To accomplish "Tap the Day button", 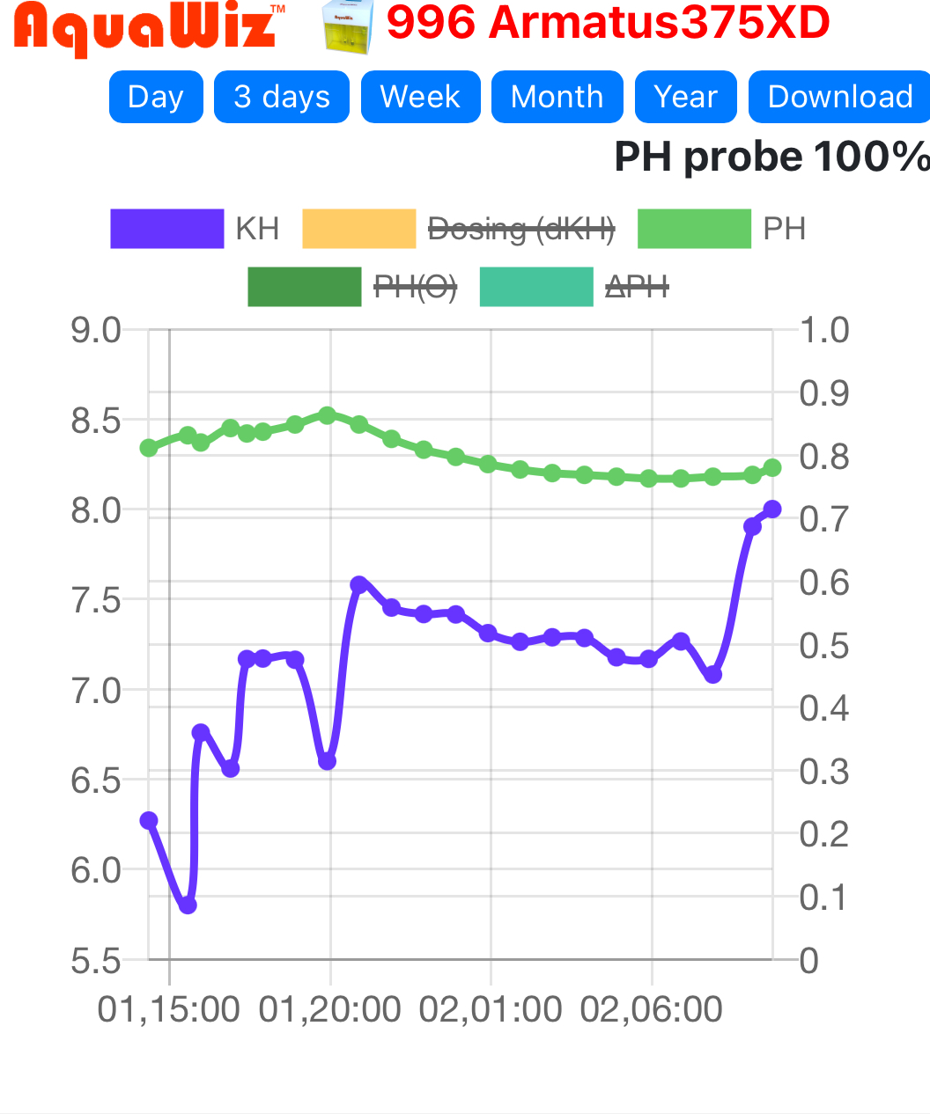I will tap(156, 97).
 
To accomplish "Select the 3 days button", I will tap(282, 97).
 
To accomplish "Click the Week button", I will tap(420, 97).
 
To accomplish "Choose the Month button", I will tap(557, 97).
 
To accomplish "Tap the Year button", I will tap(686, 97).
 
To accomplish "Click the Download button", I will tap(839, 97).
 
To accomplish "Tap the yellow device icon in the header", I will tap(348, 26).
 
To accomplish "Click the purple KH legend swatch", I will tap(166, 229).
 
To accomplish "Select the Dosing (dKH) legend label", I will tap(520, 229).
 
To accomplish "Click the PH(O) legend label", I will tap(415, 287).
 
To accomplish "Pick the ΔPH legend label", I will tap(637, 287).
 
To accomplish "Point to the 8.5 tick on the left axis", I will tap(96, 421).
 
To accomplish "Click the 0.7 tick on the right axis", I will tap(824, 519).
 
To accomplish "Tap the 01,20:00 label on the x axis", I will tap(329, 1009).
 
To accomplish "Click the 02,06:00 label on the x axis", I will tap(652, 1009).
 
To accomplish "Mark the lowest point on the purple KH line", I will tap(188, 905).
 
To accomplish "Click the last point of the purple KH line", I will tap(772, 509).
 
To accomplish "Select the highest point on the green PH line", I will tap(327, 415).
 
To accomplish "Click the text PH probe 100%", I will tap(771, 158).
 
